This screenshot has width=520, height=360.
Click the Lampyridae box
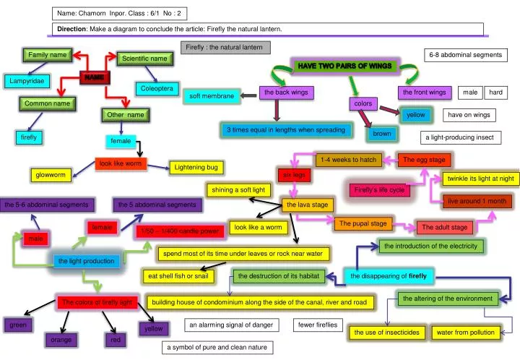pos(27,80)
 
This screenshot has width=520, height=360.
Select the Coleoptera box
pos(157,89)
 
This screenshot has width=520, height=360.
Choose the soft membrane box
pos(212,96)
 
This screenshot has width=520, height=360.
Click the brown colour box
pos(382,134)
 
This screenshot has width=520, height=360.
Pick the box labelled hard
pos(496,93)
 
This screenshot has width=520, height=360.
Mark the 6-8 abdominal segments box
pos(465,55)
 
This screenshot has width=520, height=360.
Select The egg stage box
pos(424,160)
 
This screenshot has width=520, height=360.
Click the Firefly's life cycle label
pos(379,190)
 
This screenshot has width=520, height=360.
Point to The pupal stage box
pos(363,224)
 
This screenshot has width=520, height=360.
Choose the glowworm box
pos(51,175)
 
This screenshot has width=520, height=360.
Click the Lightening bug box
pos(196,168)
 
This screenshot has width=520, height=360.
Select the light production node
pos(87,261)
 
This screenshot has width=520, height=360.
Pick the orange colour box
pos(61,339)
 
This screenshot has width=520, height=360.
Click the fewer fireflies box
pos(318,325)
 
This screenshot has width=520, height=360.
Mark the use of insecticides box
pos(386,333)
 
